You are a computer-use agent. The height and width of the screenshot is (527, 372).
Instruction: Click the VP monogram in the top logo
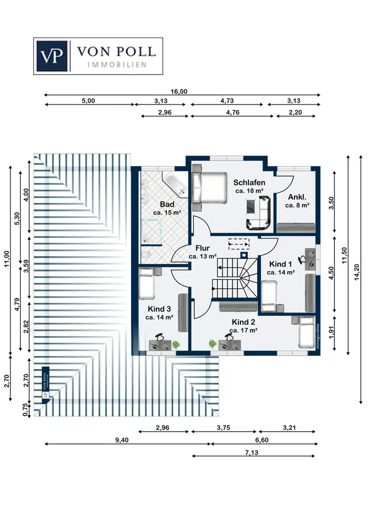pyautogui.click(x=52, y=55)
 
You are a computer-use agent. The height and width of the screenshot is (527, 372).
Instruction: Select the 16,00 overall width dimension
pyautogui.click(x=179, y=91)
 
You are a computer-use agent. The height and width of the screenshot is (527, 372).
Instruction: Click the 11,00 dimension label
pyautogui.click(x=6, y=260)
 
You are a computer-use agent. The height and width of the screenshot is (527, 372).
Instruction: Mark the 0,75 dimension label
pyautogui.click(x=25, y=409)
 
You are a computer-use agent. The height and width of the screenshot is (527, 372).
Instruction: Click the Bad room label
pyautogui.click(x=167, y=204)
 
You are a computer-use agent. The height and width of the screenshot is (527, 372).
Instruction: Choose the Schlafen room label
pyautogui.click(x=249, y=182)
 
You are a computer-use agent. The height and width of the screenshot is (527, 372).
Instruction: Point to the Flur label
pyautogui.click(x=203, y=248)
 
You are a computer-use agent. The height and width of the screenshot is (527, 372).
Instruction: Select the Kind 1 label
pyautogui.click(x=280, y=264)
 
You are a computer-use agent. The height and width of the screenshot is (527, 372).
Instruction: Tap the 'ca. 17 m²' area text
pyautogui.click(x=243, y=330)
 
